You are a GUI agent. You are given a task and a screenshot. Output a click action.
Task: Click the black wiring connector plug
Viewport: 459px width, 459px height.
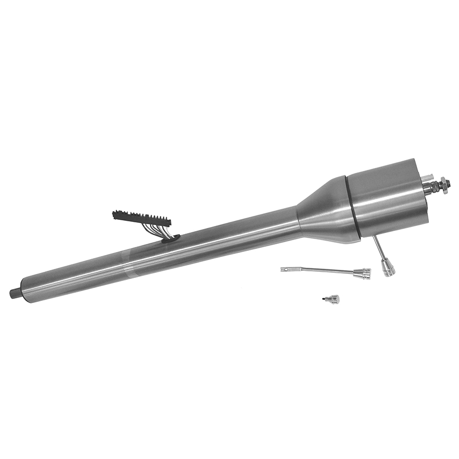[141, 218]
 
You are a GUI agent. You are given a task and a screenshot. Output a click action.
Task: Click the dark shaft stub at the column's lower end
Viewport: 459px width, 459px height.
[15, 293]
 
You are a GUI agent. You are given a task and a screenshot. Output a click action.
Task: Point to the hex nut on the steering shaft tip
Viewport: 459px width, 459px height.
[446, 182]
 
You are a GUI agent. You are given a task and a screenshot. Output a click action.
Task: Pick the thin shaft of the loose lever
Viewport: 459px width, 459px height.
[321, 270]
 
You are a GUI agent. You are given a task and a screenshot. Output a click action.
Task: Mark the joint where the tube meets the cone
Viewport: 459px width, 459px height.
[298, 221]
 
